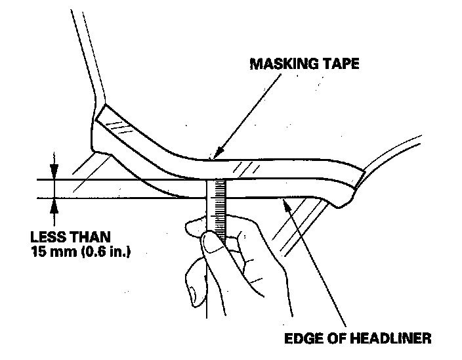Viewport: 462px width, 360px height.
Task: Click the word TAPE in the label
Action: tap(343, 65)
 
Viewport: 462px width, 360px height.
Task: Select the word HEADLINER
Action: tap(391, 339)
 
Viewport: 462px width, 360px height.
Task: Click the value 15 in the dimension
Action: tap(39, 250)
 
